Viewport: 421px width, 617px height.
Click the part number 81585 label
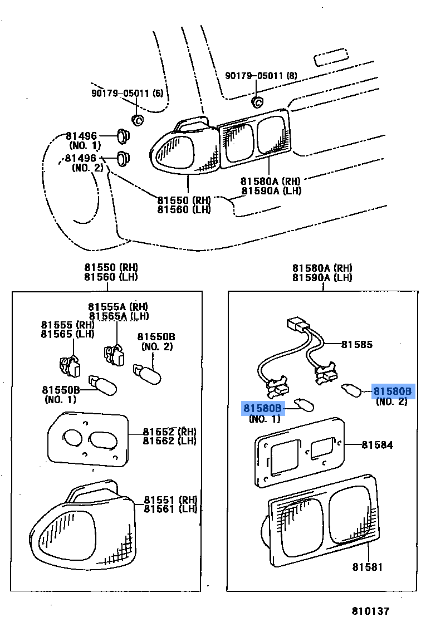point(356,345)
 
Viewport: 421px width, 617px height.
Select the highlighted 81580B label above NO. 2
point(393,391)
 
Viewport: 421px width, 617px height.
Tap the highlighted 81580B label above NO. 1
point(262,408)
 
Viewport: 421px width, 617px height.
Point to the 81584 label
point(377,445)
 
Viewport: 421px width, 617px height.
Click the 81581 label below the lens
point(367,567)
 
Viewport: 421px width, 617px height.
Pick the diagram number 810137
point(370,611)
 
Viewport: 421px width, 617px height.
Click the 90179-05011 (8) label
point(261,76)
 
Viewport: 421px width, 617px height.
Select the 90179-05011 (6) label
point(127,93)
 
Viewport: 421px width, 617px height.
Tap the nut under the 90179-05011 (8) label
point(257,102)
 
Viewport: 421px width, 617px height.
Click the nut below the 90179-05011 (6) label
point(137,120)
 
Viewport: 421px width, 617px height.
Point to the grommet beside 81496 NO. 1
point(123,136)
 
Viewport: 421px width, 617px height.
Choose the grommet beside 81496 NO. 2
point(123,158)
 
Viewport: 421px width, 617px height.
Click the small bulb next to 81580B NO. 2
point(351,391)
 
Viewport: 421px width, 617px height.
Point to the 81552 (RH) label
point(170,432)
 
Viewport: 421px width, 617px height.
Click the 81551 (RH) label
point(170,500)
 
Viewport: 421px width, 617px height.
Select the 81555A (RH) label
point(118,306)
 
